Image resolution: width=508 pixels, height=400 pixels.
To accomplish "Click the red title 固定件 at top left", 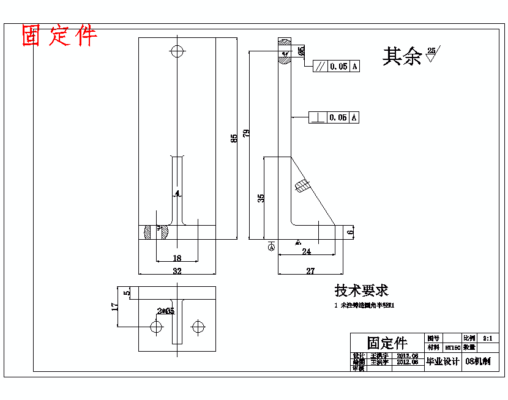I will [x=59, y=36].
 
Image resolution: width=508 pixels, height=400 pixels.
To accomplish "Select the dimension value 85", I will [x=234, y=139].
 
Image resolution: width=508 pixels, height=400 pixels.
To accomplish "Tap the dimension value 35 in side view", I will [x=261, y=198].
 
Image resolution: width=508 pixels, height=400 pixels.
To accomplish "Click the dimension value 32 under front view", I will [x=177, y=270].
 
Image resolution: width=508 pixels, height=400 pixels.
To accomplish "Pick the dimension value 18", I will [x=177, y=258].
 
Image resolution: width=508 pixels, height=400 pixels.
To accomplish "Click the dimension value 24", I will [x=306, y=251].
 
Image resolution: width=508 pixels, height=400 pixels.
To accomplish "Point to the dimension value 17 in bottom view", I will [x=114, y=306].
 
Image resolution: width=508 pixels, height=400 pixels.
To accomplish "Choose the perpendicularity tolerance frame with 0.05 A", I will [x=334, y=117].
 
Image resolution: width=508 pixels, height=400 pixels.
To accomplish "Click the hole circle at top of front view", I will [x=177, y=51].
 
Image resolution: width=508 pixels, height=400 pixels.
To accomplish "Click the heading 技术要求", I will [x=361, y=291].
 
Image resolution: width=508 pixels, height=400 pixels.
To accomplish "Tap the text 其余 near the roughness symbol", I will [x=402, y=56].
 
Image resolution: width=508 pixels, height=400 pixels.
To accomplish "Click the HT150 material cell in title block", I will [x=452, y=347].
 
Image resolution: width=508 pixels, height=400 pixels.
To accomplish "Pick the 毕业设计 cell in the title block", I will [x=443, y=361].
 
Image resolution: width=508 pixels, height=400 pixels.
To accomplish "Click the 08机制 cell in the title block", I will [x=478, y=361].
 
